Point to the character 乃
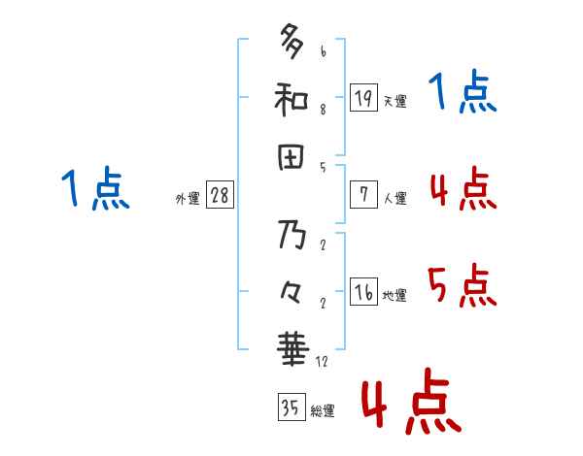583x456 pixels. click(291, 236)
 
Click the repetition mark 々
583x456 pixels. click(291, 290)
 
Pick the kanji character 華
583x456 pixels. click(291, 347)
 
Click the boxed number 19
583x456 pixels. click(363, 97)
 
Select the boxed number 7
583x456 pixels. click(363, 194)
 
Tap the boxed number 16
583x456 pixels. click(363, 292)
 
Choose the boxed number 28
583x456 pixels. click(220, 195)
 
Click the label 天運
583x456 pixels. click(394, 101)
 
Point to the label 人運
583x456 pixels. click(394, 198)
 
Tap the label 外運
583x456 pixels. click(188, 198)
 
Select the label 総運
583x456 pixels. click(323, 410)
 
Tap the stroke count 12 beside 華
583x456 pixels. click(322, 362)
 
